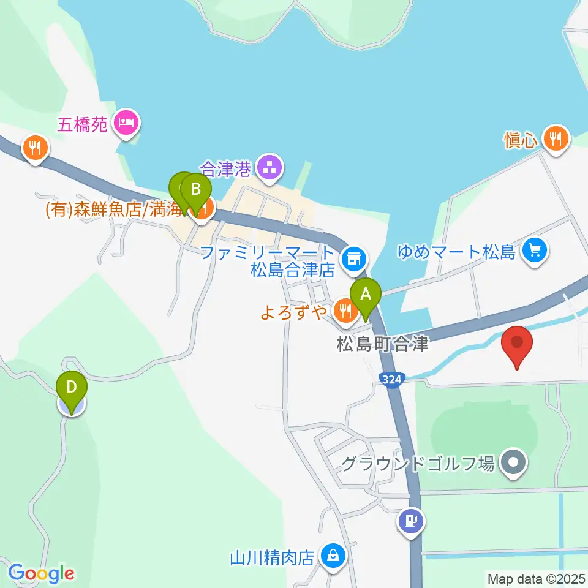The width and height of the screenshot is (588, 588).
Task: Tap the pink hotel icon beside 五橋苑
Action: point(127,123)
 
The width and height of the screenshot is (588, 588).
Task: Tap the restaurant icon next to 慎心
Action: point(556,139)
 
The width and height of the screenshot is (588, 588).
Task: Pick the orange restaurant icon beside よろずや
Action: point(345,312)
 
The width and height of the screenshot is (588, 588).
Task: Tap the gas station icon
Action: point(411,521)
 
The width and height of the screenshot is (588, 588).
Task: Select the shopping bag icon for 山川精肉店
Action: point(333,556)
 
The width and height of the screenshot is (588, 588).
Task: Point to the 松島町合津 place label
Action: point(382,344)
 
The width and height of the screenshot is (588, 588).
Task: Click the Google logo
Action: point(41,573)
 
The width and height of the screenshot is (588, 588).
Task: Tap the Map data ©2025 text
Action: point(536,578)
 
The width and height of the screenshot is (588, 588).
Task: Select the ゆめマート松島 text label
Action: point(456,251)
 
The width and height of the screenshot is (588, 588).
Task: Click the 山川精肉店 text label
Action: point(272,557)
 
